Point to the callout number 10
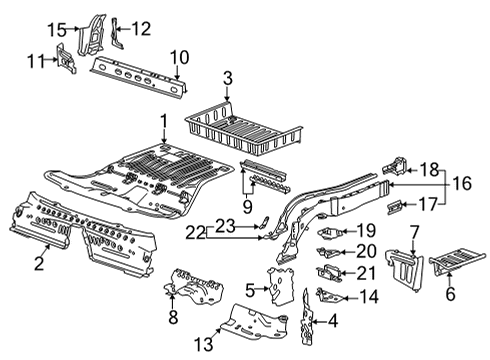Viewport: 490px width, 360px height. coord(178,56)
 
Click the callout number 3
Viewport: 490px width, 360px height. coord(228,77)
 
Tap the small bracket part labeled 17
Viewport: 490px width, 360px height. coord(397,208)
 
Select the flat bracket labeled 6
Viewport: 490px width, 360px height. coord(456,265)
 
